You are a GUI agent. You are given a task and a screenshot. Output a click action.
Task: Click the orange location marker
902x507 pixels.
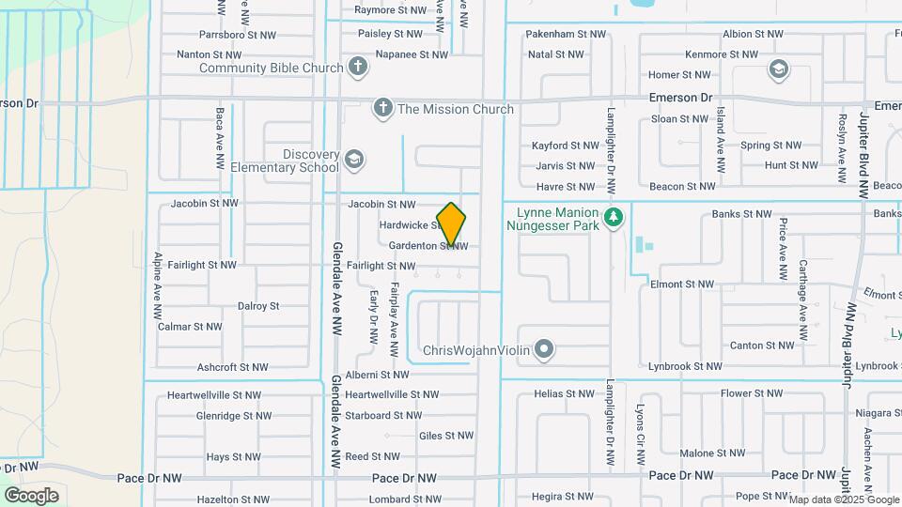(x=451, y=224)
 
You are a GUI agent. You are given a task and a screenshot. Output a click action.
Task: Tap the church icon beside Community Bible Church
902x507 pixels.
(x=357, y=68)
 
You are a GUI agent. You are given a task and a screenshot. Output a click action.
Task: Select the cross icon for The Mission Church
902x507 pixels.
(x=382, y=109)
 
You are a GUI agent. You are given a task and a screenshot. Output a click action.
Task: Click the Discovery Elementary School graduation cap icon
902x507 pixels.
(x=353, y=161)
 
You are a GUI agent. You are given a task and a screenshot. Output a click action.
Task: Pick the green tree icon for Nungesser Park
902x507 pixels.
(x=614, y=218)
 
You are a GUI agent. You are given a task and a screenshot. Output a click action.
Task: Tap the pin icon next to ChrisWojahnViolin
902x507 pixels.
(x=544, y=351)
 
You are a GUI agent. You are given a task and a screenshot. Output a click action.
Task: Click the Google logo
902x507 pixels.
(x=31, y=495)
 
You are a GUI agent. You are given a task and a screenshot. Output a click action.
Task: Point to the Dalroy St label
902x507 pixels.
(x=258, y=306)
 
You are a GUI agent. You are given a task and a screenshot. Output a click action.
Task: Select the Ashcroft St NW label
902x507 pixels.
(x=232, y=367)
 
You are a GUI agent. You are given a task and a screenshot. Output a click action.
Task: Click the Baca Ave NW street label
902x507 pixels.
(x=220, y=137)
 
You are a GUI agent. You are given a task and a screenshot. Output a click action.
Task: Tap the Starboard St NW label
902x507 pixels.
(x=382, y=415)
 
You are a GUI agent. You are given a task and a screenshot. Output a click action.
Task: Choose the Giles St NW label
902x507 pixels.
(x=446, y=436)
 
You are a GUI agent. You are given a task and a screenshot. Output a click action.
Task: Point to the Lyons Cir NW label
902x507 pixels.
(x=640, y=435)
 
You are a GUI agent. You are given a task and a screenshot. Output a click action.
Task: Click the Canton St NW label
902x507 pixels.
(x=762, y=346)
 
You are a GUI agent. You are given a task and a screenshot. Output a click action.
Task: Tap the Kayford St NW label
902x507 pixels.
(x=565, y=146)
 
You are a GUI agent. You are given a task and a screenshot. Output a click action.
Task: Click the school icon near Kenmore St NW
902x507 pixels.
(x=778, y=69)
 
